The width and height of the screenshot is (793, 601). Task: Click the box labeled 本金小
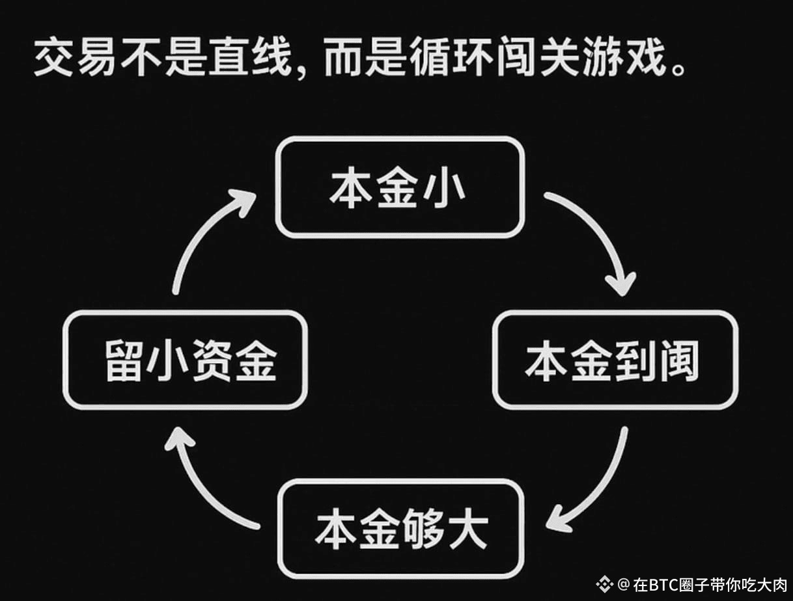399,187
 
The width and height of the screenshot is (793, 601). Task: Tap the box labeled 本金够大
400,528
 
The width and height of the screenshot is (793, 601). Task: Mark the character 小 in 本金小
447,189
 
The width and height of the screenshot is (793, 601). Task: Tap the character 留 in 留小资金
124,362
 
